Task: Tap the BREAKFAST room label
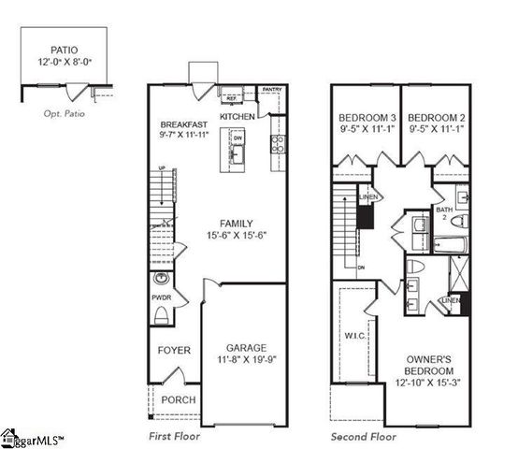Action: (x=183, y=125)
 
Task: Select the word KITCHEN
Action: (x=237, y=116)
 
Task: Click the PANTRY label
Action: (x=272, y=90)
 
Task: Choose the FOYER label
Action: (x=174, y=351)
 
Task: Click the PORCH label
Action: (x=179, y=400)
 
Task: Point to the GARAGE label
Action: (x=245, y=347)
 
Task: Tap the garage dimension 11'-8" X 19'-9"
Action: (x=245, y=360)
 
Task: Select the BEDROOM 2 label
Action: (x=437, y=118)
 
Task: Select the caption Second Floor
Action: (x=364, y=437)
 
